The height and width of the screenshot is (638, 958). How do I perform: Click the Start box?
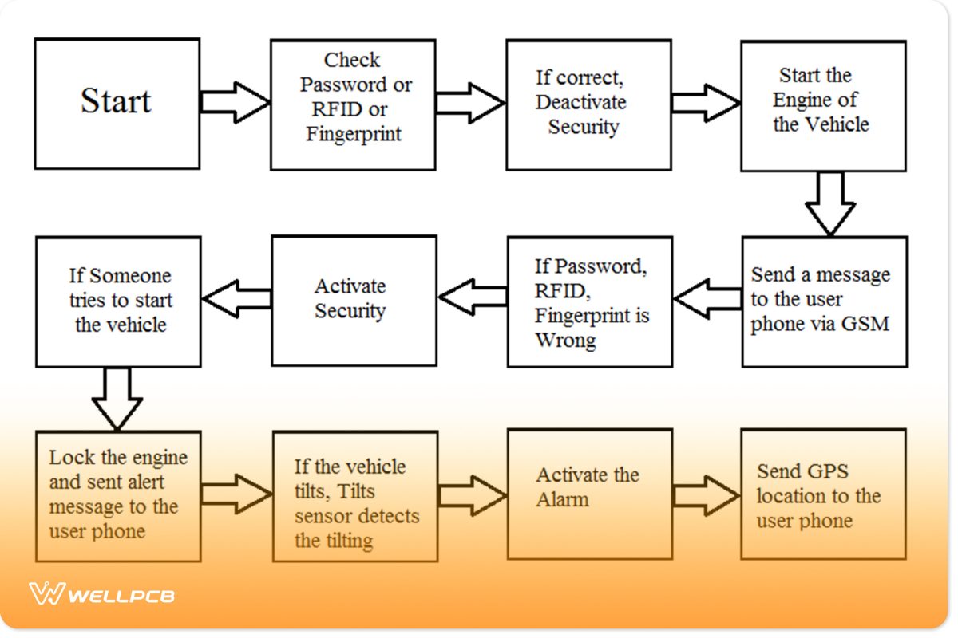(x=117, y=104)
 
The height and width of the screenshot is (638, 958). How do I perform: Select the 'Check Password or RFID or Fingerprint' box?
(x=353, y=104)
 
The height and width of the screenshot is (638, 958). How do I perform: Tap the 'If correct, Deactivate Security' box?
(x=588, y=104)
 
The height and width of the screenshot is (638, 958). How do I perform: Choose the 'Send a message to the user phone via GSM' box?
(x=823, y=301)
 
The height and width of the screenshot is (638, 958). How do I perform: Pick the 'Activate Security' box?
(x=354, y=301)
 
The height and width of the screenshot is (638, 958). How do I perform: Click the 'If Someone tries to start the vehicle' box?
(x=118, y=301)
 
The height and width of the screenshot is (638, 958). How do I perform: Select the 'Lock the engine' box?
(x=118, y=495)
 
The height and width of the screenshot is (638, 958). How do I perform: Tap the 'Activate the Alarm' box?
(x=589, y=494)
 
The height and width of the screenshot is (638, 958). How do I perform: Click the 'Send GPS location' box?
(x=823, y=494)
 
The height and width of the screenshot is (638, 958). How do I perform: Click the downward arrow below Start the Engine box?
(x=830, y=203)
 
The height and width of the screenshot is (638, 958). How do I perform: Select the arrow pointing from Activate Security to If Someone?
(x=236, y=299)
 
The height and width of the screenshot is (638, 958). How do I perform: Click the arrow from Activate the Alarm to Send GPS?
(x=706, y=494)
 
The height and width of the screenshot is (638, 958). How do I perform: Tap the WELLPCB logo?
(x=101, y=594)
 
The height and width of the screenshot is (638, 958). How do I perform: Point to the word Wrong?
(x=565, y=341)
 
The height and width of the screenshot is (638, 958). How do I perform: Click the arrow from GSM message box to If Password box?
(x=707, y=299)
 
